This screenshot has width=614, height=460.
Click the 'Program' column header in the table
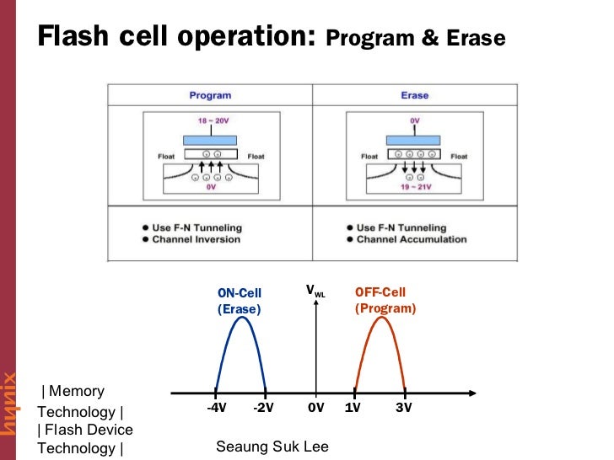(210, 95)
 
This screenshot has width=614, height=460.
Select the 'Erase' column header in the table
(414, 95)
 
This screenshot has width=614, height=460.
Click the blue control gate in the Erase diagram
(414, 138)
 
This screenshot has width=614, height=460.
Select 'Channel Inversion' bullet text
(196, 239)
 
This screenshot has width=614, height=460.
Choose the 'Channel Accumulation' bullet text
(412, 239)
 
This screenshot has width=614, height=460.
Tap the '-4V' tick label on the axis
(216, 408)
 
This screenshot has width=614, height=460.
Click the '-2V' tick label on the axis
(265, 408)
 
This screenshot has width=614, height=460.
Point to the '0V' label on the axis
(315, 408)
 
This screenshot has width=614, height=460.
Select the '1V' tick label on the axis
(354, 408)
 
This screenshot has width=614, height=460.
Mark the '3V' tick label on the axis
(404, 408)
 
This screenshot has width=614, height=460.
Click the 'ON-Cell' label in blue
(240, 293)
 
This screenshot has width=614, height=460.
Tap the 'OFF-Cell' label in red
(380, 292)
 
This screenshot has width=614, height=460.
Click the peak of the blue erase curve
(240, 318)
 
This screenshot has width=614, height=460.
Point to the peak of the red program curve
(380, 318)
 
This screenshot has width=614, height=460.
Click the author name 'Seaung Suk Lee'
(272, 446)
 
